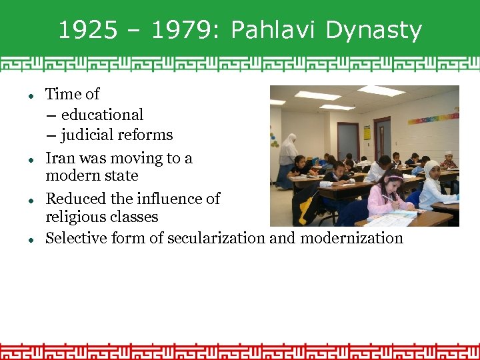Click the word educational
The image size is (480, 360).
point(102,115)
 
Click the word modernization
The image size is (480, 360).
point(351,238)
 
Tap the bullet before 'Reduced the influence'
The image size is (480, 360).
point(31,201)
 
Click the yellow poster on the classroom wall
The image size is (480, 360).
point(367,132)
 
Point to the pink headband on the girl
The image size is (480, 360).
point(393,178)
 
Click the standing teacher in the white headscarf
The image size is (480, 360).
point(288,160)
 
